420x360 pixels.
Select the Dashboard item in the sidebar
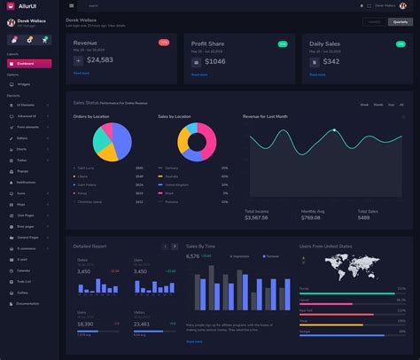(26, 64)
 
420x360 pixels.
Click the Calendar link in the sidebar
(24, 270)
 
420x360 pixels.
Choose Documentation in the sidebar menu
(27, 303)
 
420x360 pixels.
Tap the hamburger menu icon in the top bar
(72, 5)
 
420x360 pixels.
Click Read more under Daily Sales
(317, 74)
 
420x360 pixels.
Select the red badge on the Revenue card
(164, 42)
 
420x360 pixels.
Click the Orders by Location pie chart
(113, 141)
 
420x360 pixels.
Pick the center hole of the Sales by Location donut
(198, 142)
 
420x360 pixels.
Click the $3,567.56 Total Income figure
(256, 217)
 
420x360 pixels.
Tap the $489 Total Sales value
(366, 217)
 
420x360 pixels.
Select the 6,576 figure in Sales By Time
(192, 256)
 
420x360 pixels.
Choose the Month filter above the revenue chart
(377, 105)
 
